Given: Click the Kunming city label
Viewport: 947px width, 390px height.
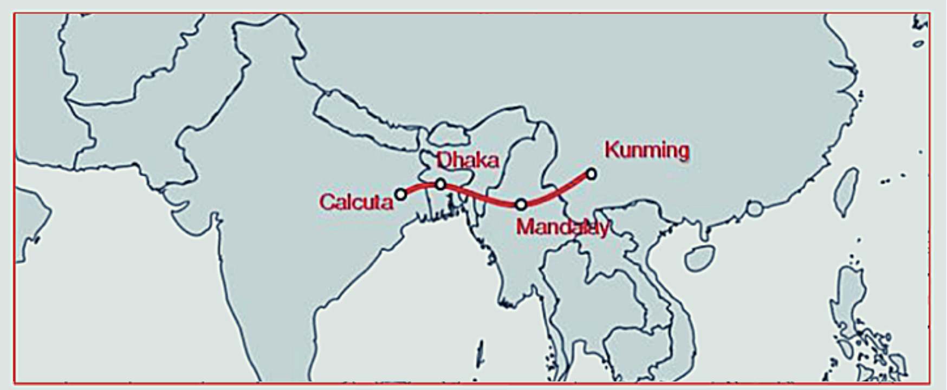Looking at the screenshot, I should (647, 150).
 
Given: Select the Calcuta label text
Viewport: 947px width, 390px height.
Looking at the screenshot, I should (355, 202).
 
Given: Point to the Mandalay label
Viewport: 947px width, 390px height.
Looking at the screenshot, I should (562, 227).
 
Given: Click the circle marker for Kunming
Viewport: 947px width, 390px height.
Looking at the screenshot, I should (592, 174).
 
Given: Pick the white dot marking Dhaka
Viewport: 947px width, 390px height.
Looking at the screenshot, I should (441, 184).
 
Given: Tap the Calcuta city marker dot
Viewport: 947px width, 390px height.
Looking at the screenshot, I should (401, 194).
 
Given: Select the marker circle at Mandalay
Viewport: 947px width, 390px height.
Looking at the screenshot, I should (521, 204).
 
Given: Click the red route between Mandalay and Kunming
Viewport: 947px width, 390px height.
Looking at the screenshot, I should (558, 193).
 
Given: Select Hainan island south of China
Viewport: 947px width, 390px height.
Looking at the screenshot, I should (699, 258).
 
